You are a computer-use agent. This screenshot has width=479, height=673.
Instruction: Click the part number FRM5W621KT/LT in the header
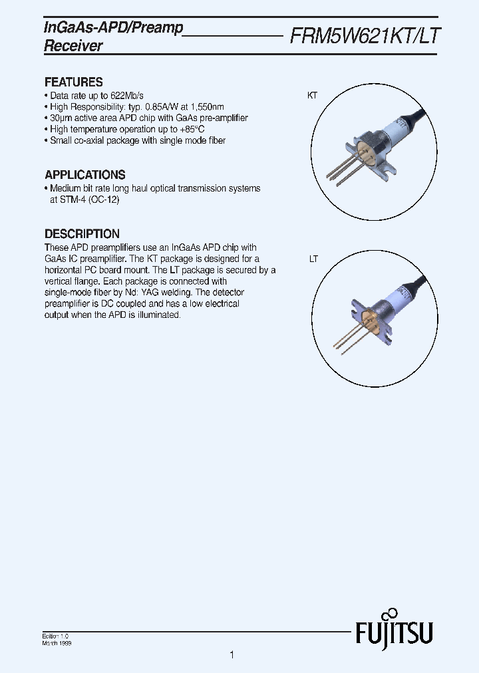(365, 36)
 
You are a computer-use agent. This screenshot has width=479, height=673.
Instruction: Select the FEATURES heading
(73, 82)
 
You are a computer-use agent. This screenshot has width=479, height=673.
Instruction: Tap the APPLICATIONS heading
(84, 175)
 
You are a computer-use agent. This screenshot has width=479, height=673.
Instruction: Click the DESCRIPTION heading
(82, 234)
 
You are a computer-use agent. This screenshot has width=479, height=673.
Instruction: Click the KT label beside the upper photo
(312, 96)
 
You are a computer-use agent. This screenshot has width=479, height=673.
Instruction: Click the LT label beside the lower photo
(313, 259)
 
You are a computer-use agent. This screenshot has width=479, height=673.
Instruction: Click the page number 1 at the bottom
(232, 655)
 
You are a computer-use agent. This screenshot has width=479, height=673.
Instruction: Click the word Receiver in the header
(73, 46)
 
